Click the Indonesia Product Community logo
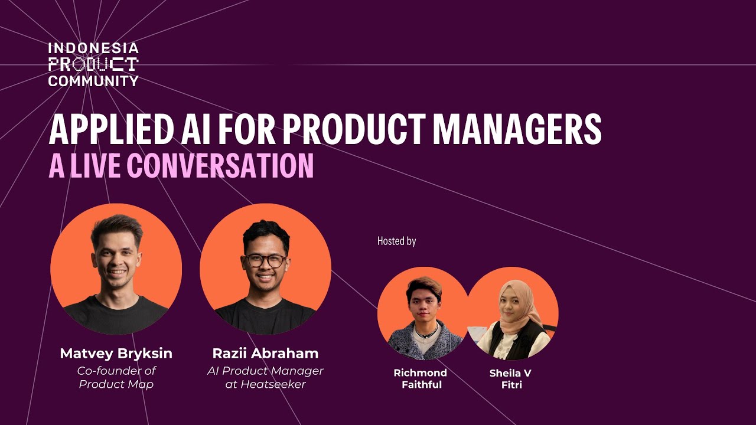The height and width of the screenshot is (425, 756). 93,64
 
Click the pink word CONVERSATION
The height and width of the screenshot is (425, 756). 220,166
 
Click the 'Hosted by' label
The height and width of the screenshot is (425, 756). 396,241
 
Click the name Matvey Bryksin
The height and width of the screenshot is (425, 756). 116,354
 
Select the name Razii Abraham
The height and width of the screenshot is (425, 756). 265,354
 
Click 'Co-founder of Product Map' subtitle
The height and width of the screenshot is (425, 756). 116,377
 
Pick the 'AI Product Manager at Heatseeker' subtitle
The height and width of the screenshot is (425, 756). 265,377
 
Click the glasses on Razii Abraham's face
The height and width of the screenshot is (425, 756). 266,260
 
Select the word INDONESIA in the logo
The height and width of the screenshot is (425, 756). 93,48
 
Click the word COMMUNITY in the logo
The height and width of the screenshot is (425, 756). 93,81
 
